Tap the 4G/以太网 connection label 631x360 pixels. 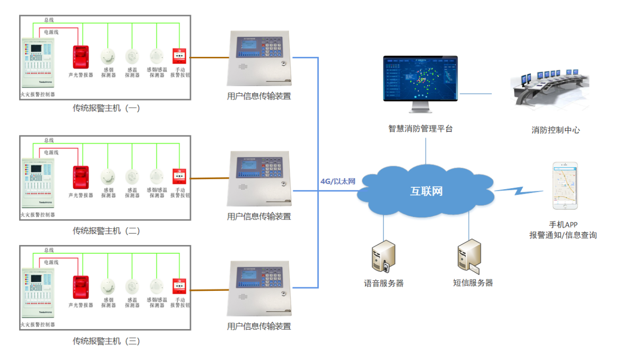click(x=337, y=181)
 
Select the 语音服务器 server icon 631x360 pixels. click(x=383, y=257)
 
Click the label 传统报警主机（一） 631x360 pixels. click(x=106, y=109)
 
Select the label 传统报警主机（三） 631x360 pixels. click(x=106, y=341)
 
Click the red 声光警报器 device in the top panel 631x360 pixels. click(x=80, y=57)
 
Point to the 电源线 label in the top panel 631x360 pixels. click(x=51, y=32)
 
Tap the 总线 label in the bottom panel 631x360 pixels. click(x=49, y=250)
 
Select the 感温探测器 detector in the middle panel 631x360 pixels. click(x=132, y=177)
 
